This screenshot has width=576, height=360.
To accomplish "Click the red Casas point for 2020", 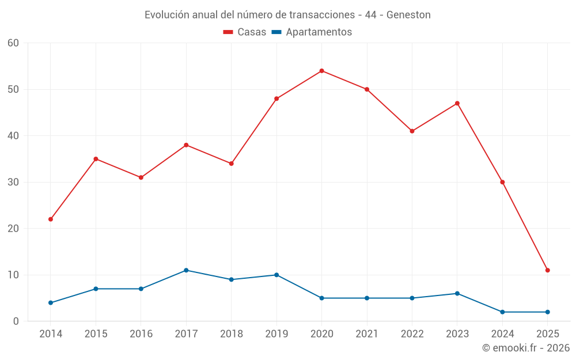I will (321, 71).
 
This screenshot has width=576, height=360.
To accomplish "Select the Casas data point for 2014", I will (51, 219).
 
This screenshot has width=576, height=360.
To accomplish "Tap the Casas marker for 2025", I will (548, 270).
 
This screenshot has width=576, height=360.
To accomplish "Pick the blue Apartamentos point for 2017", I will (186, 270).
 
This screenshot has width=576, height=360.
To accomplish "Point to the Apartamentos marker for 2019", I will (276, 275).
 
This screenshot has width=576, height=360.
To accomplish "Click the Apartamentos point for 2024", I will (502, 312).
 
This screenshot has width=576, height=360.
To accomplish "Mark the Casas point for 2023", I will (457, 103).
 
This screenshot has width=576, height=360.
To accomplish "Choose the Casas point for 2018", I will (231, 164).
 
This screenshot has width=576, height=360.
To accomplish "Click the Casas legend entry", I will (245, 32).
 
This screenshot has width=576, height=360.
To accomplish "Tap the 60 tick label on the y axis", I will (14, 43).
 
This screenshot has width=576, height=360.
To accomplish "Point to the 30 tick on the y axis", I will (14, 182).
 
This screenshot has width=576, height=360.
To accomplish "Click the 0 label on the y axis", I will (16, 321).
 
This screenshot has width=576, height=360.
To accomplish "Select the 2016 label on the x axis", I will (141, 334).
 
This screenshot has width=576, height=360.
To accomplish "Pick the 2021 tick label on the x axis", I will (367, 334).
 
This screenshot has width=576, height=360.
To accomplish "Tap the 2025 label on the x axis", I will (548, 334).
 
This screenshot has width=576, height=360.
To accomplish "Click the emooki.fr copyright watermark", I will (526, 348).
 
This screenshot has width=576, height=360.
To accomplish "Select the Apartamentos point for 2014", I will (51, 302).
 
